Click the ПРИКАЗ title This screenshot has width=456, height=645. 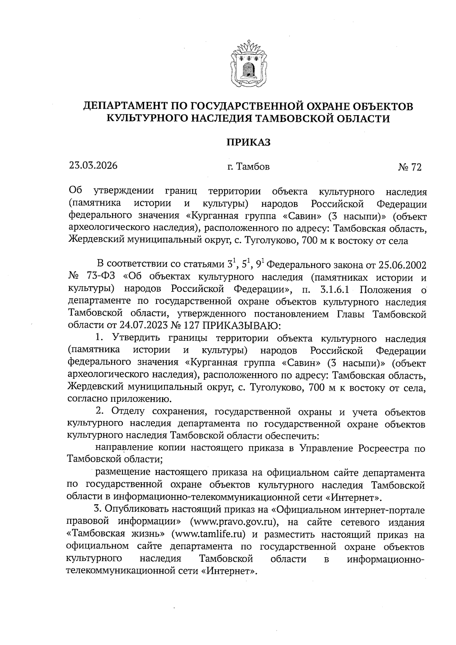coord(248,142)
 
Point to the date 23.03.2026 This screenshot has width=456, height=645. coord(93,166)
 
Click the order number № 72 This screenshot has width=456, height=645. coord(410,167)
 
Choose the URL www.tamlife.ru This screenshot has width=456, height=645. coord(209,534)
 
